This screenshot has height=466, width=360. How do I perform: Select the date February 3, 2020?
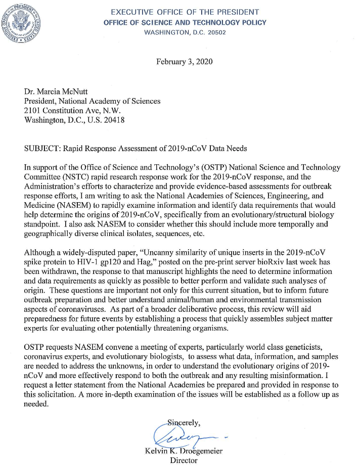click(184, 62)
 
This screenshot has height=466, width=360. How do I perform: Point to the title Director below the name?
click(185, 460)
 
